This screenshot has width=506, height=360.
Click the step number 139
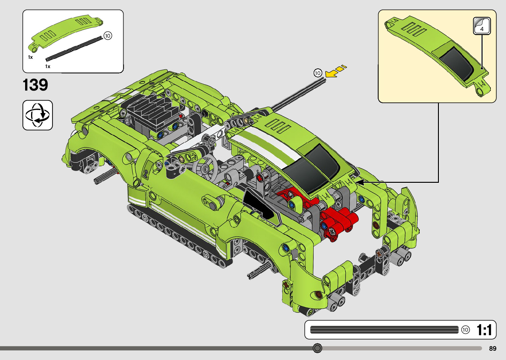click(x=35, y=85)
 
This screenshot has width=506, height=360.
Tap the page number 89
click(x=493, y=348)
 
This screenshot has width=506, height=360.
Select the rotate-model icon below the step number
click(x=37, y=115)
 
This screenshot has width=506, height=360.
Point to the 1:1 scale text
click(x=484, y=330)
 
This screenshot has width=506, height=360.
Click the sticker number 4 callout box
click(x=482, y=26)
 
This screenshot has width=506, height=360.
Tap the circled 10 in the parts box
click(x=108, y=36)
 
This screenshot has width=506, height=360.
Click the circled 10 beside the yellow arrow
click(x=318, y=73)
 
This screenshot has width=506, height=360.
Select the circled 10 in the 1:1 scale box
click(x=465, y=330)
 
